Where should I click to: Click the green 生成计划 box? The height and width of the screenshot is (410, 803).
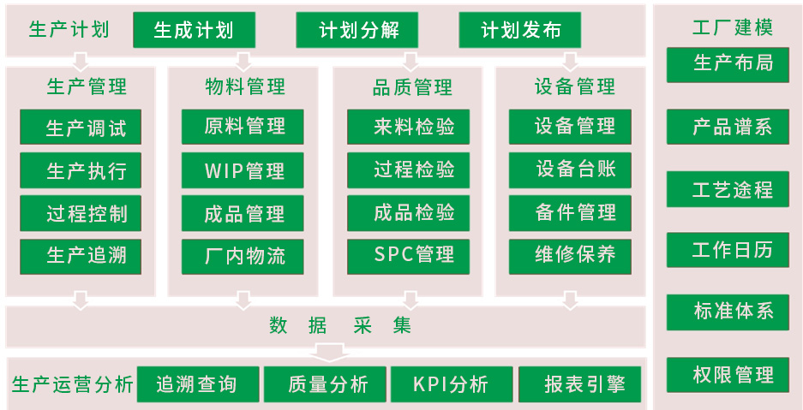195,31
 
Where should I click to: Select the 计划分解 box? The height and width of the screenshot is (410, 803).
357,31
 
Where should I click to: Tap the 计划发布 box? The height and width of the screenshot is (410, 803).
520,31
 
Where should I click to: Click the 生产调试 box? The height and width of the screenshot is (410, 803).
81,128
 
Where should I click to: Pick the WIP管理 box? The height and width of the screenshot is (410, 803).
243,170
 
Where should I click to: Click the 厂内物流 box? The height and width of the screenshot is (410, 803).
243,256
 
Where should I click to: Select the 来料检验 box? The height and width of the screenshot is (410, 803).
409,128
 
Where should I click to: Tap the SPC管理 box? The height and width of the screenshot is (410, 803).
409,255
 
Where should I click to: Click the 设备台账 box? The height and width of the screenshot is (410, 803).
570,169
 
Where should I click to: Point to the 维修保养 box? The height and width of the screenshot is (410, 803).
570,255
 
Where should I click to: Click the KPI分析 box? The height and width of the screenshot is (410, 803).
452,384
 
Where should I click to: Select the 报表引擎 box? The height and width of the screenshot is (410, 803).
579,384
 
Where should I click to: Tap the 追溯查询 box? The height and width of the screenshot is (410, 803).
196,384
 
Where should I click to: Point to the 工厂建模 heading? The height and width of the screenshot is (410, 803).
730,27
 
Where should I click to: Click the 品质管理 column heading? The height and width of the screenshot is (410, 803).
412,86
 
